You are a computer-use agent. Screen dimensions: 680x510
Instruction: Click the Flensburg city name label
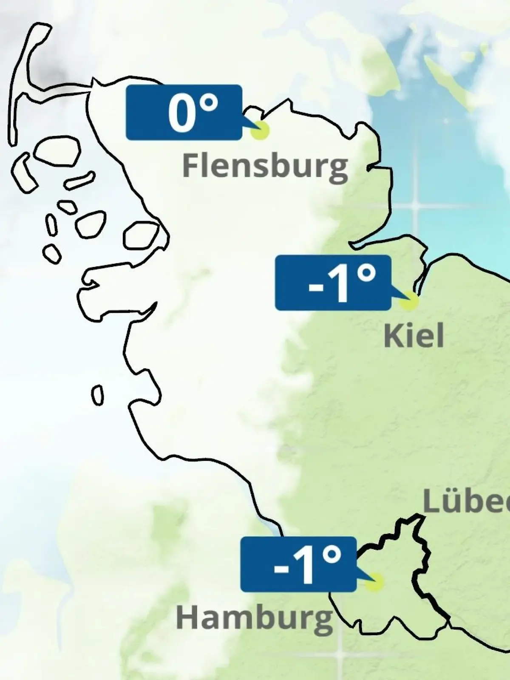[265, 166]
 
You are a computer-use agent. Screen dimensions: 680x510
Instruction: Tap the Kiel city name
[414, 336]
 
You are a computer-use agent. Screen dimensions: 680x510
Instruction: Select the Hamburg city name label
[254, 618]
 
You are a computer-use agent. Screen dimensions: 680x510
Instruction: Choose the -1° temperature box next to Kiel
[333, 283]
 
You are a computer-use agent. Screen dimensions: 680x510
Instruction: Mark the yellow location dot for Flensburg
[260, 130]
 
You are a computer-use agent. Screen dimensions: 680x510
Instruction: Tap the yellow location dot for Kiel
[409, 301]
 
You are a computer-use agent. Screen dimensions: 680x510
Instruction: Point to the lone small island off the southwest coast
[98, 395]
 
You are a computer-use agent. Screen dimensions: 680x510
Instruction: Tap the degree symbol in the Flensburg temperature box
[209, 104]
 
